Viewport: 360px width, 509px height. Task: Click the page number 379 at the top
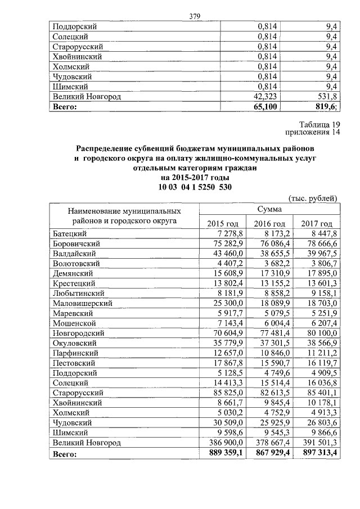point(195,16)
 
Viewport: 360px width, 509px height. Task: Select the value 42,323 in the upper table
point(265,96)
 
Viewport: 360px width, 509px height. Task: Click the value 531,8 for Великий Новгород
point(326,96)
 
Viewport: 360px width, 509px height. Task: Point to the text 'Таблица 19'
point(320,125)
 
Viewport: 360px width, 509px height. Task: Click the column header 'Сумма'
point(269,209)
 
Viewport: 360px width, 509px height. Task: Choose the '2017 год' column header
point(317,224)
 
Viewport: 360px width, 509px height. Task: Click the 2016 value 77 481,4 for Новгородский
point(273,332)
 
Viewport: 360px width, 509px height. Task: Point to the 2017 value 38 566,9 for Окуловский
point(320,342)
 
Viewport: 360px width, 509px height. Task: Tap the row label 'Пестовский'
point(73,363)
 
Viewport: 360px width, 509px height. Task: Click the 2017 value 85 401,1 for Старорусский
point(320,393)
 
